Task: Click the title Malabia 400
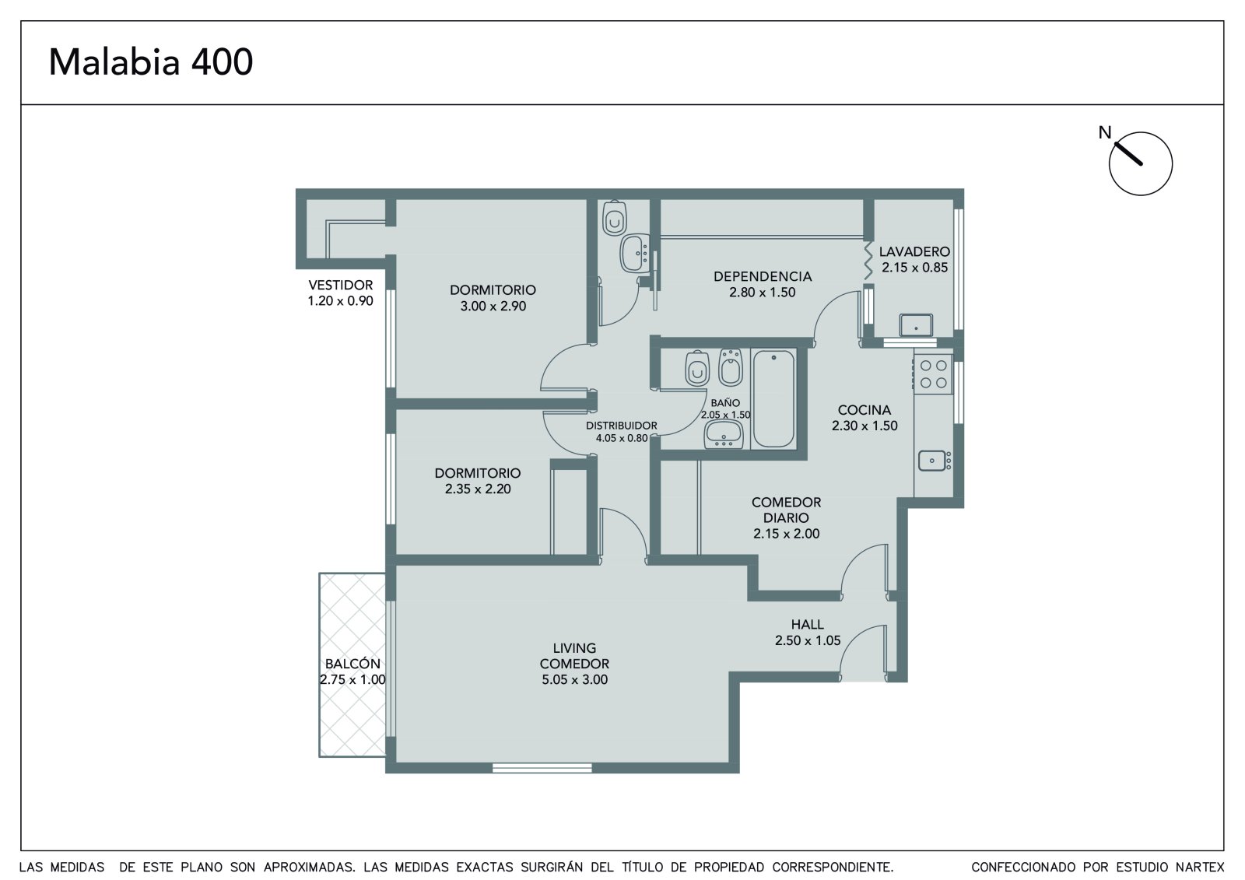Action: click(x=151, y=61)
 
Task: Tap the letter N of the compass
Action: click(x=1104, y=132)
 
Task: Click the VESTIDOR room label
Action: click(x=341, y=286)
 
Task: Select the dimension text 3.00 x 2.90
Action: click(x=493, y=306)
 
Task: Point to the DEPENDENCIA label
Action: click(x=763, y=276)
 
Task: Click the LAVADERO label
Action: click(x=914, y=252)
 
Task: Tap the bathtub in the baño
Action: click(x=773, y=398)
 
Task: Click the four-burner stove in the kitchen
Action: click(x=933, y=374)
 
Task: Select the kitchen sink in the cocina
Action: click(x=935, y=461)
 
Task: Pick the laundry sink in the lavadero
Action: click(x=916, y=325)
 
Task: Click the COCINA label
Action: click(x=864, y=410)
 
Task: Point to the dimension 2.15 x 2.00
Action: click(x=787, y=534)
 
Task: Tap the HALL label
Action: click(x=807, y=624)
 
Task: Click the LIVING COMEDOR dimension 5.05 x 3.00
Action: click(x=575, y=679)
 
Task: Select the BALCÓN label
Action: click(x=352, y=664)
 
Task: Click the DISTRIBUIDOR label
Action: click(x=622, y=426)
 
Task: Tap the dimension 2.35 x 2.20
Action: click(x=478, y=489)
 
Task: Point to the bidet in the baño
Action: click(x=731, y=367)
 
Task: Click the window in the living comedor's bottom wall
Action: click(x=542, y=768)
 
